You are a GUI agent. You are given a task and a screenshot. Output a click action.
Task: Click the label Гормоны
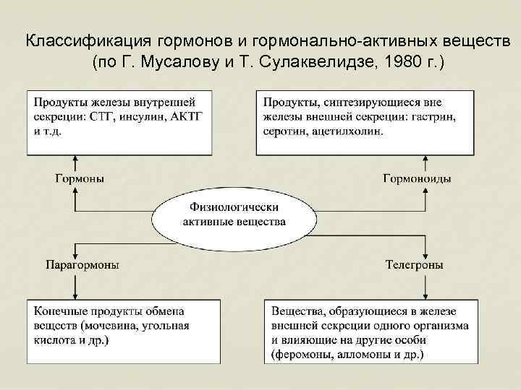[x=80, y=178]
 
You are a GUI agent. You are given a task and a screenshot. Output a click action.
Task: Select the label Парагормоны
[x=82, y=265]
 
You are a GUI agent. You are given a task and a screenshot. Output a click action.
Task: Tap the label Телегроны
[x=415, y=265]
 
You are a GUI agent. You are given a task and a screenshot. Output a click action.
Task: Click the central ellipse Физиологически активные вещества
[x=234, y=214]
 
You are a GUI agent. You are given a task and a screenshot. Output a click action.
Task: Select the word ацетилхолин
[x=346, y=132]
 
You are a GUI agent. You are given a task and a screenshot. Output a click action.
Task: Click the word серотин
[x=286, y=132]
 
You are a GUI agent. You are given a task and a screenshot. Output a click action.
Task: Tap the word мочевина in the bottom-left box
[x=117, y=325]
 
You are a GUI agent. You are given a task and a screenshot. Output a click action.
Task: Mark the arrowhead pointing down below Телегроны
[x=425, y=294]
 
